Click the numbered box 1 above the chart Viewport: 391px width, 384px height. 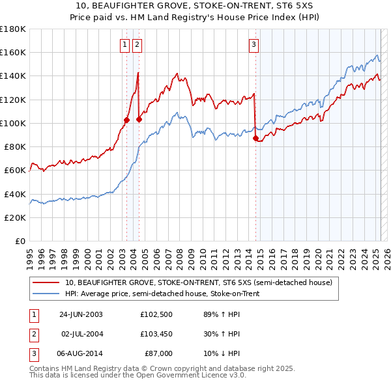point(124,45)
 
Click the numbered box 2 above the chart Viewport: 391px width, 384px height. point(138,45)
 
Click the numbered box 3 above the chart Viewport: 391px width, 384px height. point(253,45)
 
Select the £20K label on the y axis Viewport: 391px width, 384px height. point(15,217)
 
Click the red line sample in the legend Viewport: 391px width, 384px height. point(46,283)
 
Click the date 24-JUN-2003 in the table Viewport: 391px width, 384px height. point(80,315)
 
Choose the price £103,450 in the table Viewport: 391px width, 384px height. point(156,334)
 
